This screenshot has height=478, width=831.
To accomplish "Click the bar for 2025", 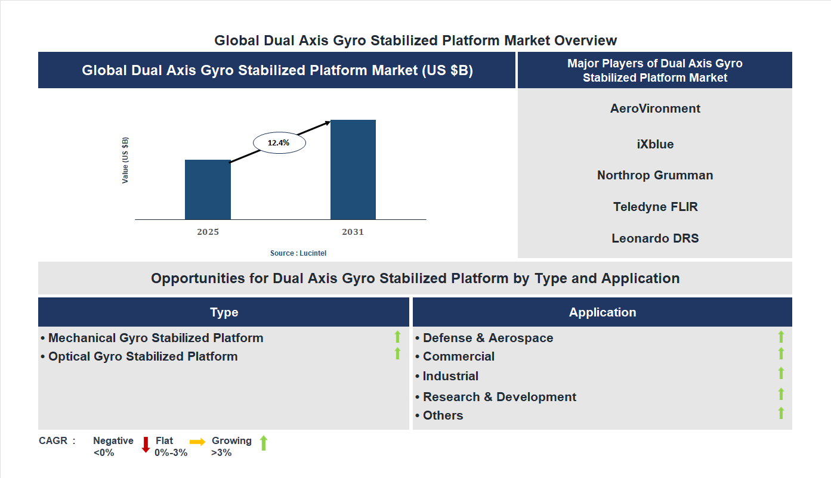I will (208, 190).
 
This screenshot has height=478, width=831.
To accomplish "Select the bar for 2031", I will (353, 170).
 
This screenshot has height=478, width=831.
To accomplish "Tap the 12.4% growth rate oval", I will (279, 143).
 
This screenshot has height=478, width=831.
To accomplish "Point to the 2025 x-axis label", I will (208, 232).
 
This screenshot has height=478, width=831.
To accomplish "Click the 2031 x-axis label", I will (353, 232).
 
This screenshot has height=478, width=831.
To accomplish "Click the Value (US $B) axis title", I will (125, 160).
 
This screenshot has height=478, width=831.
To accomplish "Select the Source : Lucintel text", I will (298, 253).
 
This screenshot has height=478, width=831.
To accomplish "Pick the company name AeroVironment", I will (655, 108).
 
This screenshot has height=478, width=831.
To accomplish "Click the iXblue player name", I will (655, 144).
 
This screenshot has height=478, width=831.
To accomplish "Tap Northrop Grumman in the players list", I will (655, 175).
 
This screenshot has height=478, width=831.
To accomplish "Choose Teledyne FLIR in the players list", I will (655, 207).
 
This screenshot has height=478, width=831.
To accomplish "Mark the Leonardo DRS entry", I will (655, 238).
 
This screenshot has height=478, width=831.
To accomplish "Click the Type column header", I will (224, 312).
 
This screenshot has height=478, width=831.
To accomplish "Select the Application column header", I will (603, 312).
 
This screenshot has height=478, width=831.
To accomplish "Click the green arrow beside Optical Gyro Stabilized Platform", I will (397, 354).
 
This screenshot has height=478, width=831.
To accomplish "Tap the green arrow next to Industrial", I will (781, 374).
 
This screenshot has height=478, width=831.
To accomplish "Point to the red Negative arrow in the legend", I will (146, 445).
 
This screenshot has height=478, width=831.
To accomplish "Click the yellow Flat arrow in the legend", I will (197, 442).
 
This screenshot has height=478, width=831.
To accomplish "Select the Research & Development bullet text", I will (499, 397).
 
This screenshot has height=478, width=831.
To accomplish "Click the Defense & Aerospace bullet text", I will (487, 338).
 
